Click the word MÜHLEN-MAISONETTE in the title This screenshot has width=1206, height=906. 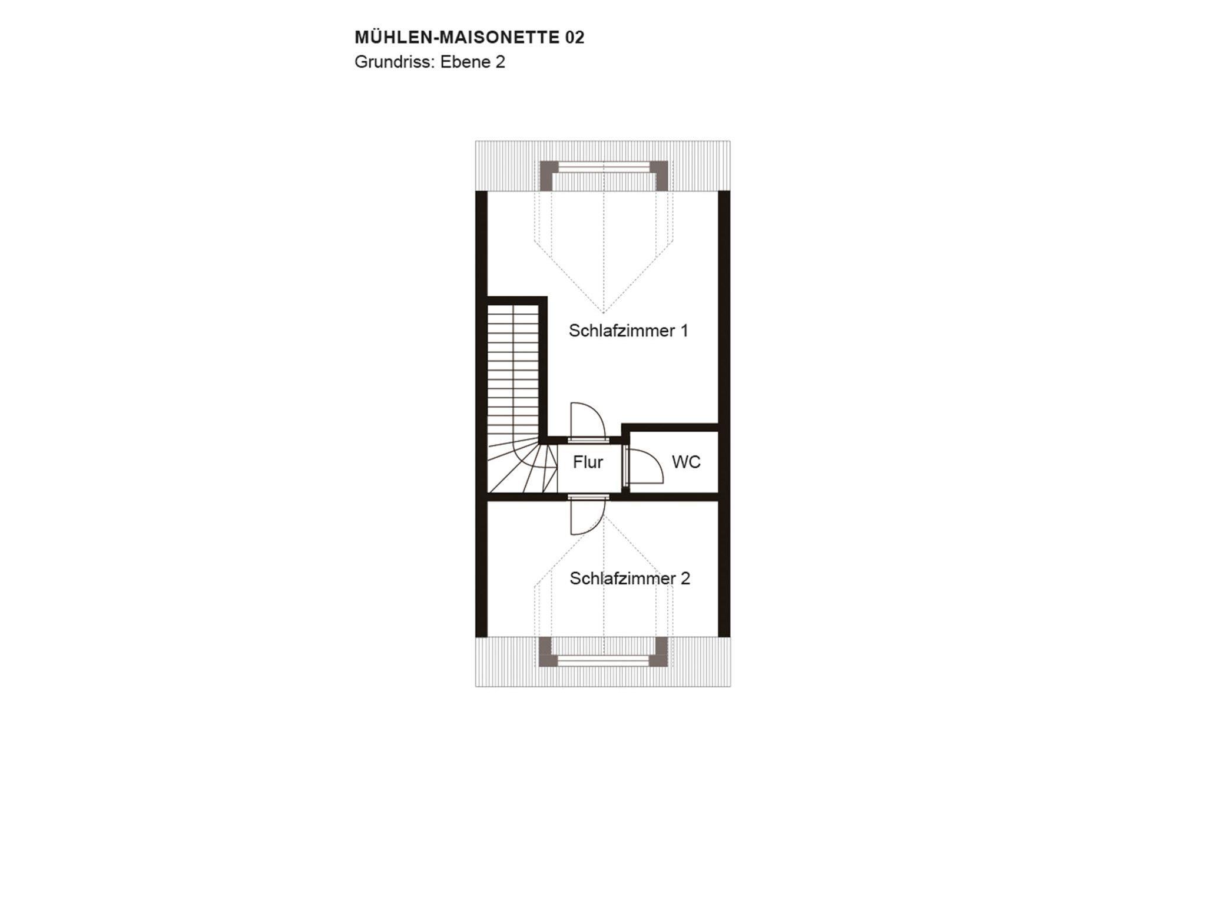(x=457, y=37)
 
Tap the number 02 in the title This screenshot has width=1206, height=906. (x=575, y=38)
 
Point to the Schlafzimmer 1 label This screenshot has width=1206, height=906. (x=628, y=330)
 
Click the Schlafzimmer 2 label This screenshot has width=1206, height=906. (x=629, y=578)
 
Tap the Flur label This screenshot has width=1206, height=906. (x=588, y=462)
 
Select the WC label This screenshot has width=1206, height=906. (x=686, y=462)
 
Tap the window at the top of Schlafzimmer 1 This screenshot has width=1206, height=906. (x=604, y=168)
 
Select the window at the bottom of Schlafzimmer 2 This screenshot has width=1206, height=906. (x=604, y=661)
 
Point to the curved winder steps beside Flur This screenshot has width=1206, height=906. (x=522, y=468)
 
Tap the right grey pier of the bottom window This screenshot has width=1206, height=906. (x=659, y=652)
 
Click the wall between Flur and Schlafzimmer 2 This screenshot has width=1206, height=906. (x=603, y=497)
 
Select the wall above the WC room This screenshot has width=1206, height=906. (x=670, y=427)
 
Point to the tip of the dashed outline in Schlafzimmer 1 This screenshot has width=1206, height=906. (x=604, y=313)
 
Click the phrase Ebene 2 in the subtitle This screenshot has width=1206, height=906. (x=473, y=62)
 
